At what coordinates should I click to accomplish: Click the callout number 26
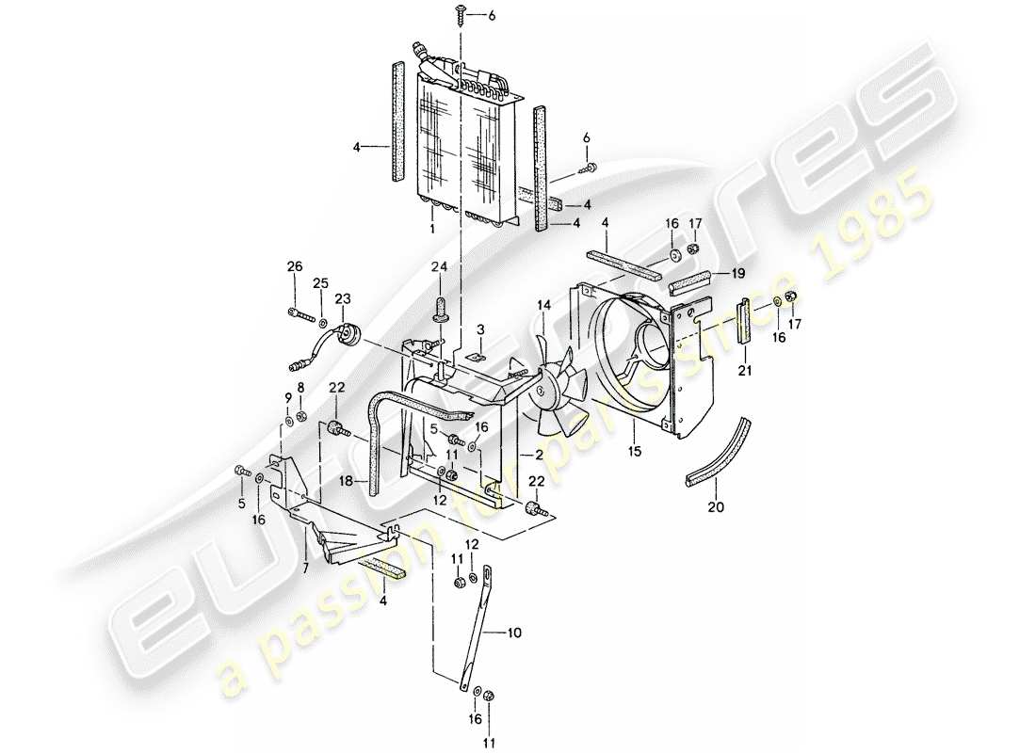click(x=295, y=267)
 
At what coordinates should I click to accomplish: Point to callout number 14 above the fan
click(x=543, y=305)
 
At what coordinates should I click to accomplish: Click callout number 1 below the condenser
click(x=431, y=230)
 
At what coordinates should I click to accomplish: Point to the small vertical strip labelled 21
click(x=744, y=320)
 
